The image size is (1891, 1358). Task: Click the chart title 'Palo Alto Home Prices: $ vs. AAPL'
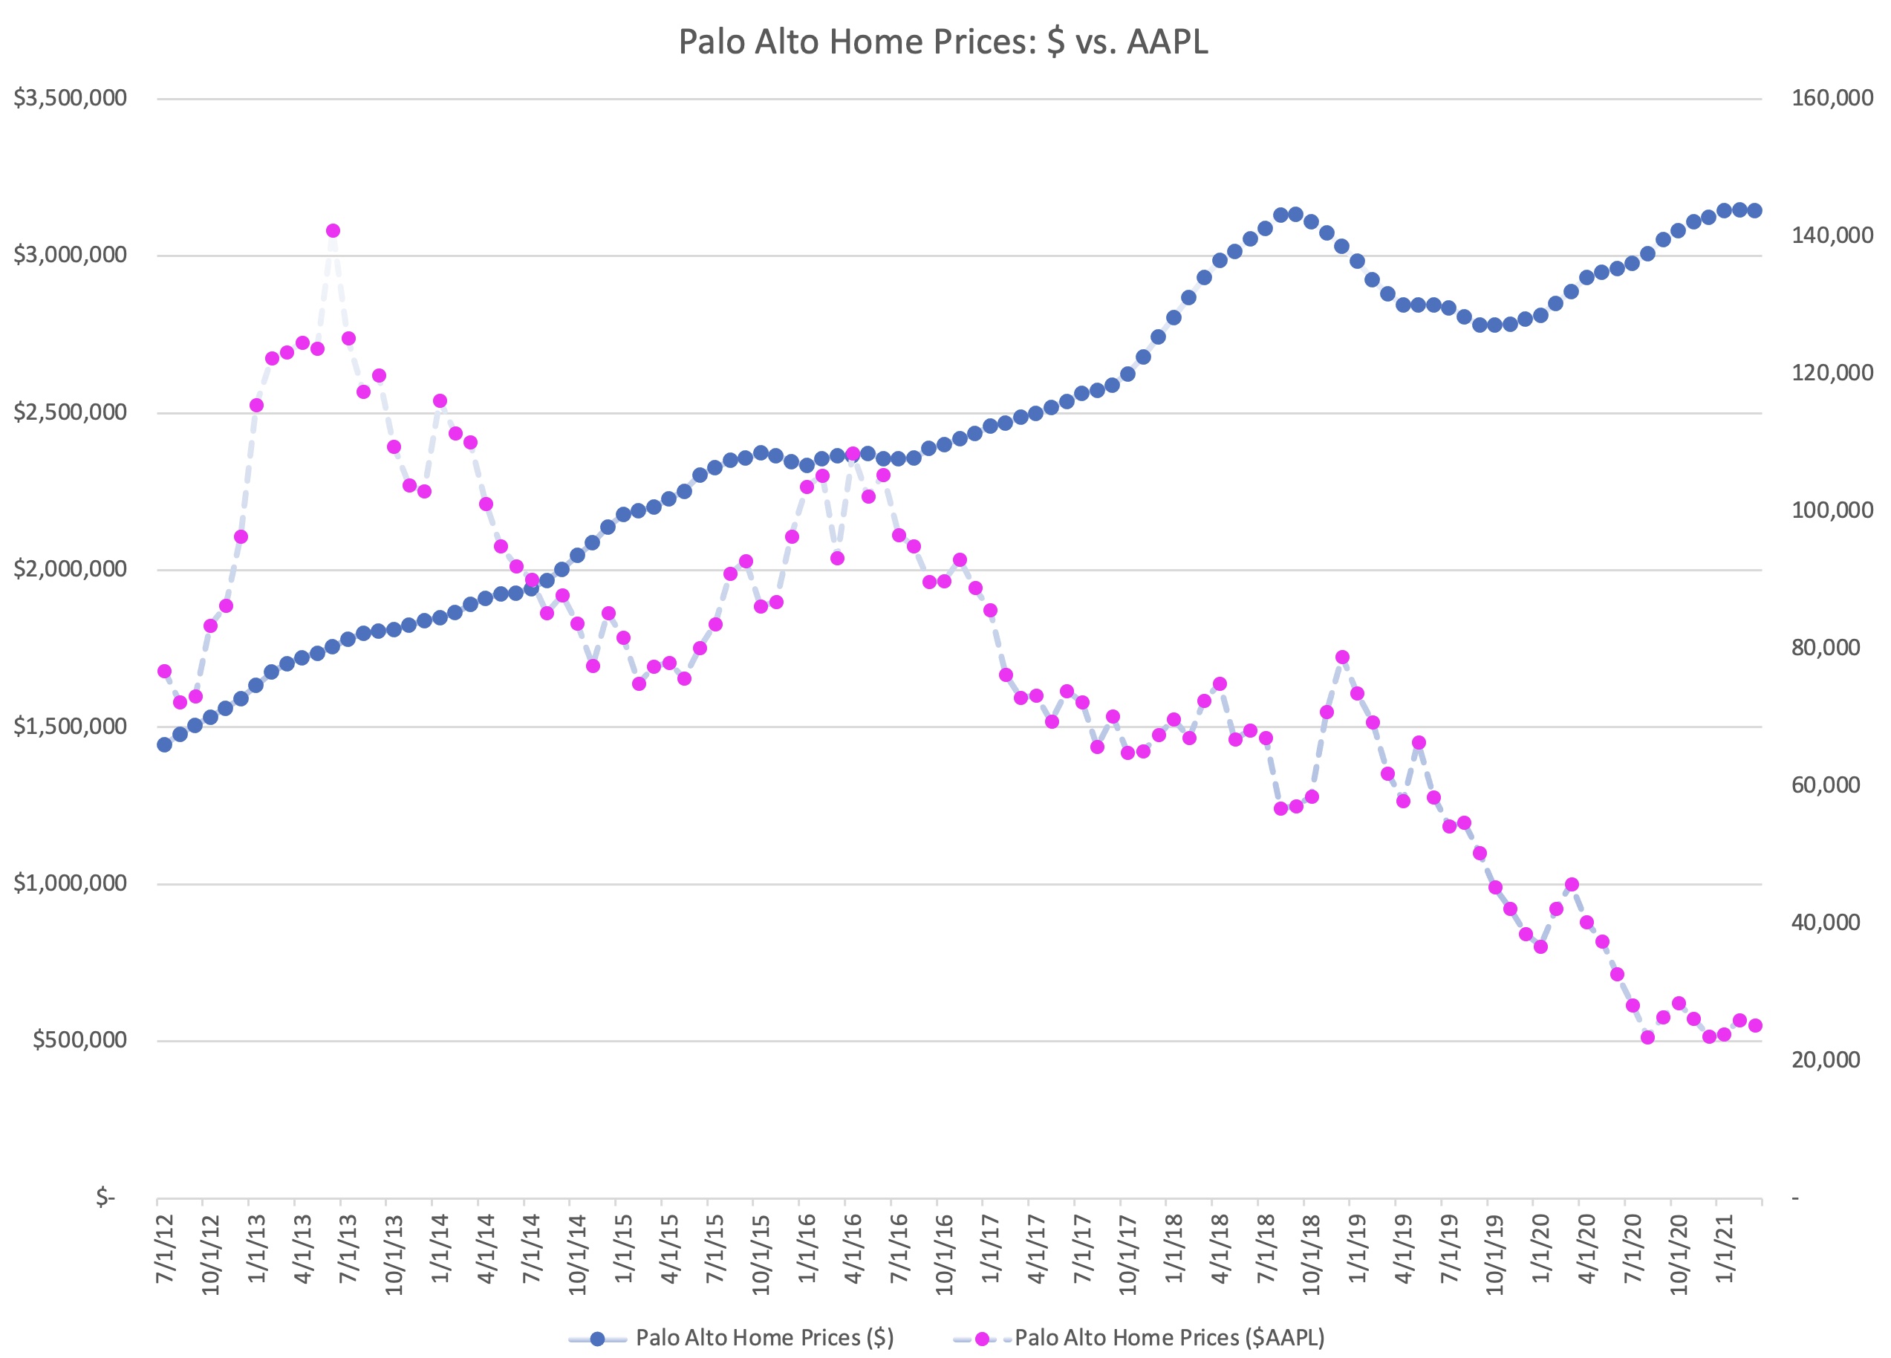coord(943,42)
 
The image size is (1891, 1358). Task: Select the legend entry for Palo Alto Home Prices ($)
coord(764,1338)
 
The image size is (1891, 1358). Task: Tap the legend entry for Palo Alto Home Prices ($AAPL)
coord(1169,1338)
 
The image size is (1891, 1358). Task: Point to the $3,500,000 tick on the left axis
coord(70,98)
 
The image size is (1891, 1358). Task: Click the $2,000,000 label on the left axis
coord(70,569)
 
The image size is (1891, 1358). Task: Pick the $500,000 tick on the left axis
coord(79,1039)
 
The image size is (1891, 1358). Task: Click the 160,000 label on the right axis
coord(1832,98)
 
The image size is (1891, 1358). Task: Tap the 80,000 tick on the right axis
coord(1825,647)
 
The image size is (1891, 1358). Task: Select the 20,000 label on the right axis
coord(1825,1059)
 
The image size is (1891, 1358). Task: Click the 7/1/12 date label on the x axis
coord(166,1248)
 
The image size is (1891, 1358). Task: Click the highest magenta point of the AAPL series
coord(333,231)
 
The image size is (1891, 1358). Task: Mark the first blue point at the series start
coord(164,744)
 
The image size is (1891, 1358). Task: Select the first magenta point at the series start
coord(164,672)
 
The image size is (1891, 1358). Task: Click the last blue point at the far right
coord(1754,211)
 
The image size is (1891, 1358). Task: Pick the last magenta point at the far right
coord(1754,1026)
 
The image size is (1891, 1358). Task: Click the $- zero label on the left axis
coord(105,1198)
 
